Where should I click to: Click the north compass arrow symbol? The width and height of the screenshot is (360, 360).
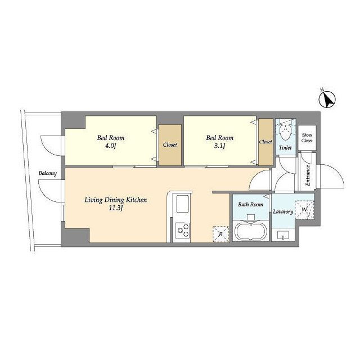[327, 99]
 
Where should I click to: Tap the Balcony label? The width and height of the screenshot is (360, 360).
[47, 173]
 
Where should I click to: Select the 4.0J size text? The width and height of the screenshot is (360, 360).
[111, 146]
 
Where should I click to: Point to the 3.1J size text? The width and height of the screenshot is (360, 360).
[219, 146]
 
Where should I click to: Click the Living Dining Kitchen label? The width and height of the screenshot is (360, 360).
[116, 200]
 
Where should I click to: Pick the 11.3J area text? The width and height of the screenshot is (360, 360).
[116, 208]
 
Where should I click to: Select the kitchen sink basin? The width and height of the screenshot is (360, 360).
[182, 204]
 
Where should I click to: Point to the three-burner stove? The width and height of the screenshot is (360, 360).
[182, 231]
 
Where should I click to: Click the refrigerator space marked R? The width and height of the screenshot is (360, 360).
[221, 234]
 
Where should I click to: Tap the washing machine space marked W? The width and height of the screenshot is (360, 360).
[304, 210]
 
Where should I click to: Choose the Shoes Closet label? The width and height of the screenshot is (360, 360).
[307, 138]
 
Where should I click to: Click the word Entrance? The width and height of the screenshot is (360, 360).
[308, 175]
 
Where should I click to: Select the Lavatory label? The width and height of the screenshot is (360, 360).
[283, 211]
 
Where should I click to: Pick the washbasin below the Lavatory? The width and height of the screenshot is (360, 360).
[283, 235]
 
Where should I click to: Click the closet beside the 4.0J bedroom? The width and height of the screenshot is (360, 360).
[170, 145]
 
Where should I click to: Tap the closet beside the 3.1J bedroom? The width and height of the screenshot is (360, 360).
[265, 142]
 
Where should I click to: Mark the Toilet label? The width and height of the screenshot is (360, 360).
[285, 147]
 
